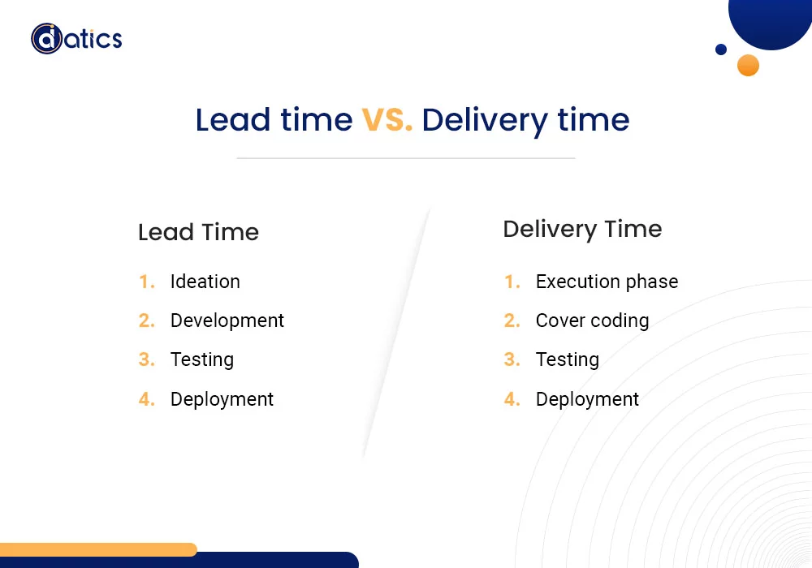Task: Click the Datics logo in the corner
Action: coord(76,38)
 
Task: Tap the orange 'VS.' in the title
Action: coord(387,120)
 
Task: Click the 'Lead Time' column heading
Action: coord(198,232)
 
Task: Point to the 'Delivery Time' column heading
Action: coord(582,229)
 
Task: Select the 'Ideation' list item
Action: coord(205,282)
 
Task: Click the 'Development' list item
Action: coord(227,321)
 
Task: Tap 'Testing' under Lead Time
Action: coord(201,359)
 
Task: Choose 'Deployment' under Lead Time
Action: coord(222,399)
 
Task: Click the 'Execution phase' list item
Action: coord(607,282)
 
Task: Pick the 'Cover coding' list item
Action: coord(592,321)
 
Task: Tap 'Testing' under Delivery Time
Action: coord(567,359)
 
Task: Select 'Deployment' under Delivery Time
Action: coord(587,399)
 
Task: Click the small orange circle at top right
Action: coord(748,65)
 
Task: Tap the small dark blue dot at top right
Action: coord(721,49)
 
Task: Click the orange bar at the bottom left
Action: coord(97,549)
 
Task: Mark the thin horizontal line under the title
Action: coord(406,158)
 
